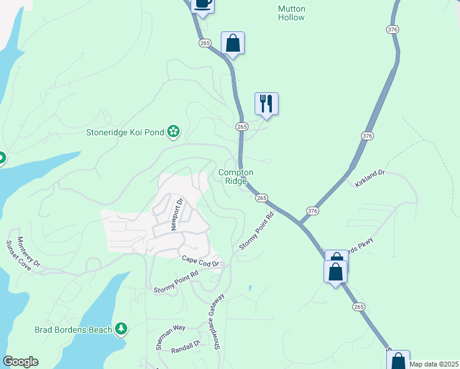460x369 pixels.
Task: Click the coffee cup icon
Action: [x=202, y=4]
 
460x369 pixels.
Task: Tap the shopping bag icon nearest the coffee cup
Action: [x=232, y=44]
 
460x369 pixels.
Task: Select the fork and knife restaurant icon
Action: [x=266, y=103]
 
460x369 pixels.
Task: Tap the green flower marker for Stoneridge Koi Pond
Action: [x=174, y=130]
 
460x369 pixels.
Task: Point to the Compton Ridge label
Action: [x=236, y=177]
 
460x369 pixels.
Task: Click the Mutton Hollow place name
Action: [x=291, y=13]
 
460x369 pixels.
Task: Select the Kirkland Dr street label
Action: [x=369, y=174]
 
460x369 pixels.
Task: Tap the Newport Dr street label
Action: [x=177, y=213]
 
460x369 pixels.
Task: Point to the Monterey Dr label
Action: [x=29, y=252]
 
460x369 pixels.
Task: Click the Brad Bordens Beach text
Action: [x=73, y=330]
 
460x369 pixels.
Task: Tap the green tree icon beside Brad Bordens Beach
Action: [x=122, y=330]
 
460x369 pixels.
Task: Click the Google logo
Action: [x=20, y=362]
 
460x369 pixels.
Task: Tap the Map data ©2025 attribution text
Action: [x=434, y=364]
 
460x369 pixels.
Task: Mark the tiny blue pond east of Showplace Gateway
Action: [x=250, y=288]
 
